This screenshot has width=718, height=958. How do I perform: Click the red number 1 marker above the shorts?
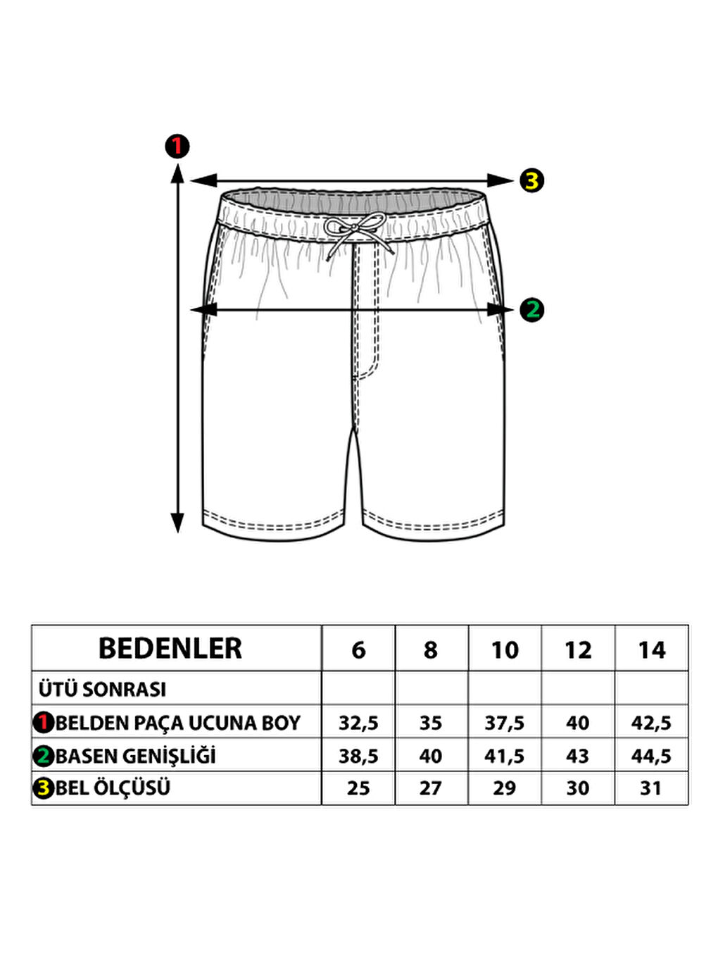click(177, 146)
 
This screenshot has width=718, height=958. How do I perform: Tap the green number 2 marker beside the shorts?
click(532, 309)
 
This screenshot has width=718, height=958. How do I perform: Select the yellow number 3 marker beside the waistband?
click(532, 181)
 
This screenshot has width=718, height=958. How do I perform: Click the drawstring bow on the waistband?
click(356, 232)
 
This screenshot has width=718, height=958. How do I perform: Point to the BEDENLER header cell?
click(170, 649)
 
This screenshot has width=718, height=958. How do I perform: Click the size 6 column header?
click(358, 649)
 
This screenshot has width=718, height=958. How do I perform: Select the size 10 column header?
click(505, 649)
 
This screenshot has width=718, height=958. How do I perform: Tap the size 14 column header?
click(651, 649)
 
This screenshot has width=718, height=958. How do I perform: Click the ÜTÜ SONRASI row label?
click(103, 689)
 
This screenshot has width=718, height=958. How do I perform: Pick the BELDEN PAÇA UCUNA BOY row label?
click(177, 723)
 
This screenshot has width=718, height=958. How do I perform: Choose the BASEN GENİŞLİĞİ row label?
click(135, 756)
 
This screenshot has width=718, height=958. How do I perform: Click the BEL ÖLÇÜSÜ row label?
click(113, 788)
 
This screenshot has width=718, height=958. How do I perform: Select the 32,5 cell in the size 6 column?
click(358, 723)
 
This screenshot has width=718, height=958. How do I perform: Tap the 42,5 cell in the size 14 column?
click(651, 723)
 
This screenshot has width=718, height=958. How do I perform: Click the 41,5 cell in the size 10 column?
click(505, 756)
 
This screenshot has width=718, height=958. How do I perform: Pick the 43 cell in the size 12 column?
click(577, 756)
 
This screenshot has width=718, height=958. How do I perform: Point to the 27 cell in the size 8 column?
click(431, 788)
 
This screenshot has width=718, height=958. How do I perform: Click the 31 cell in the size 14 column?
click(651, 788)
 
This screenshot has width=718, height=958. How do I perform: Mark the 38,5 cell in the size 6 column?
click(358, 756)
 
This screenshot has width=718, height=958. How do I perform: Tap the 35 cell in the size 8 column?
click(431, 723)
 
